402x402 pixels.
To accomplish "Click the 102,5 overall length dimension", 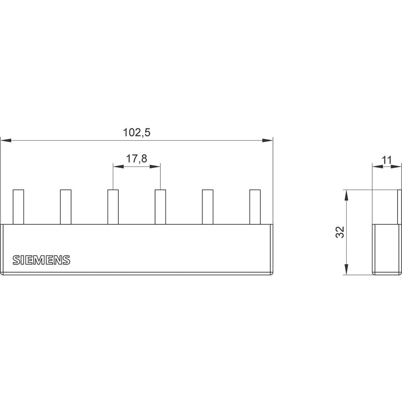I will pyautogui.click(x=137, y=133).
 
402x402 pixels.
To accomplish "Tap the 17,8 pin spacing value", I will pyautogui.click(x=137, y=159).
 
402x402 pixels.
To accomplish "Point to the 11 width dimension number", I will pyautogui.click(x=386, y=160).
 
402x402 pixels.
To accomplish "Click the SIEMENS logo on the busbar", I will pyautogui.click(x=41, y=260).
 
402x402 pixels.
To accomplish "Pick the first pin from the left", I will pyautogui.click(x=18, y=207).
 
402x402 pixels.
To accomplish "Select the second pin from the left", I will pyautogui.click(x=66, y=207).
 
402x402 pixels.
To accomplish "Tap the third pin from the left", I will pyautogui.click(x=113, y=207).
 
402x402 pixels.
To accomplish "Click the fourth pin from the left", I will pyautogui.click(x=160, y=207).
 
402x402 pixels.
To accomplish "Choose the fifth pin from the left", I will pyautogui.click(x=207, y=207).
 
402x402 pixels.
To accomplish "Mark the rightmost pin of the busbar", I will pyautogui.click(x=255, y=207).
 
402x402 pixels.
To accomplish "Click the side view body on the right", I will pyautogui.click(x=386, y=249).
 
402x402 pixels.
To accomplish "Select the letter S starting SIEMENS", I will pyautogui.click(x=16, y=260).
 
